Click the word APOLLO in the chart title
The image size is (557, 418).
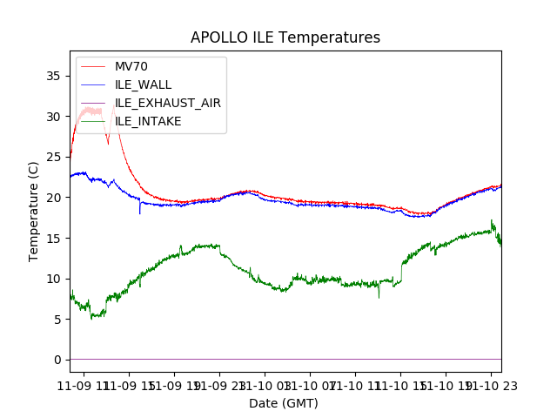(218, 38)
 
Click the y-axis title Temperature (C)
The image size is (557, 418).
(34, 210)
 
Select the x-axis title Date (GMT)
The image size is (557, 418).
(284, 403)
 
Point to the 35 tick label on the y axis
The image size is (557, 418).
(54, 76)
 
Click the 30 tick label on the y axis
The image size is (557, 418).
(54, 117)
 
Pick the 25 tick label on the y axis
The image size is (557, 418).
(54, 157)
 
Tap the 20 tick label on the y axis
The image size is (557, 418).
(54, 198)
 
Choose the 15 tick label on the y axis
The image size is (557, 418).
(54, 238)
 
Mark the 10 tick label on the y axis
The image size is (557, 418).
(54, 279)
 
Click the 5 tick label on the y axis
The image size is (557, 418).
(57, 320)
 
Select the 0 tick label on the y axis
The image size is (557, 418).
(57, 360)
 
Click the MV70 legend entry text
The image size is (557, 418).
(131, 66)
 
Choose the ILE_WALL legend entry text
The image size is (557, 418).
(144, 84)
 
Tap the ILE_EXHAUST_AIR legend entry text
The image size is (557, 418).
(168, 103)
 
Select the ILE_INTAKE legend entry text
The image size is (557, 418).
(148, 121)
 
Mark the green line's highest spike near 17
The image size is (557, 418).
(492, 220)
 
